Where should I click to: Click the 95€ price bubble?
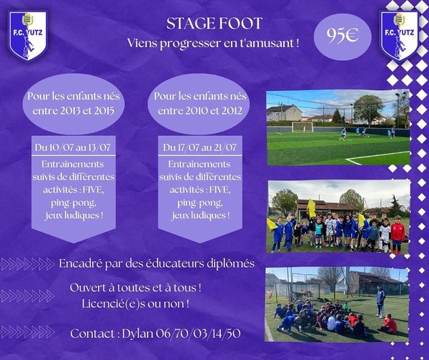pos(342,37)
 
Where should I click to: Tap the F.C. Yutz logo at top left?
pos(27,35)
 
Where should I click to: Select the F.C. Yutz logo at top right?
pos(399,35)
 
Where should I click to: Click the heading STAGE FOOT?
pos(214,24)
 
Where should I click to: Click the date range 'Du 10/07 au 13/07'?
pos(72,147)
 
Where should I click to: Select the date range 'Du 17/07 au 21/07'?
pos(199,147)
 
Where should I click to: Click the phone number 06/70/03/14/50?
pos(198,334)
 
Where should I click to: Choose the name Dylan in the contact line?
pos(137,334)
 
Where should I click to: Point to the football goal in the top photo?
pos(302,127)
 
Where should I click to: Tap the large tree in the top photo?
pos(368,109)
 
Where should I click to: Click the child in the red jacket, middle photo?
pos(398,233)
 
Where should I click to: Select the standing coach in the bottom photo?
pos(381,301)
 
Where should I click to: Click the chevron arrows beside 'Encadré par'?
pos(27,264)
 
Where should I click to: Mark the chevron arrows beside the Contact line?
pos(27,332)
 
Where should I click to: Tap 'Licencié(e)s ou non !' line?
pos(135,303)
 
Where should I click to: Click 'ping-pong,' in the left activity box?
pos(74,203)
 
